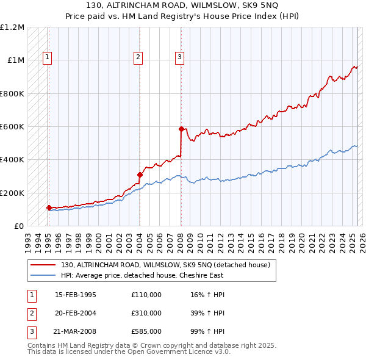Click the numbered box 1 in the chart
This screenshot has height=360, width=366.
47,58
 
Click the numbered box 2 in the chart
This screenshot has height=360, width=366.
138,58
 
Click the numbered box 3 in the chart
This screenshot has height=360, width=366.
180,58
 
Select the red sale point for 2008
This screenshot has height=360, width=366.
181,129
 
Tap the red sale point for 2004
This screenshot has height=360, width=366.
140,175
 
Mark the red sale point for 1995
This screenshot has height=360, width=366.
49,207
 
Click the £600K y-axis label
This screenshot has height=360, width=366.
12,127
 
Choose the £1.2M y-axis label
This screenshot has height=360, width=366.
12,27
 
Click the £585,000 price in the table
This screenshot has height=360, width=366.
146,331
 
